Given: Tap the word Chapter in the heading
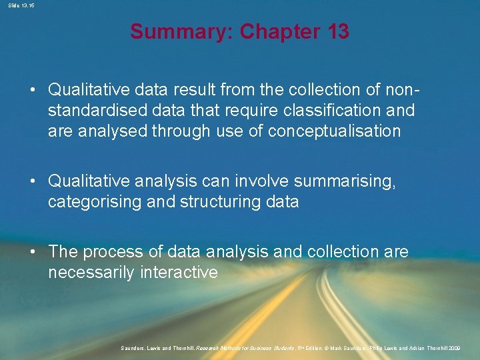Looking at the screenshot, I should [279, 31].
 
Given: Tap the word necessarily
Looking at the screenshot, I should [93, 273].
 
